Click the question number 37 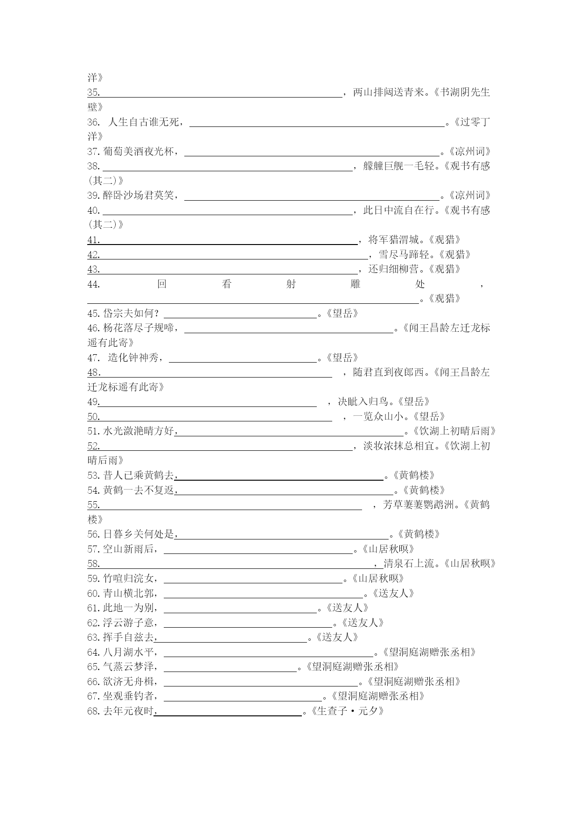[x=93, y=152]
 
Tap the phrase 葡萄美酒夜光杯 [x=139, y=152]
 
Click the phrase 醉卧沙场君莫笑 [x=139, y=196]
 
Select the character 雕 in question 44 [x=355, y=284]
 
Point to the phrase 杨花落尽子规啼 [x=139, y=328]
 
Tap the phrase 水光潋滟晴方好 [x=139, y=431]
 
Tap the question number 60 [x=93, y=594]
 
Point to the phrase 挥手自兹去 [x=128, y=637]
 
